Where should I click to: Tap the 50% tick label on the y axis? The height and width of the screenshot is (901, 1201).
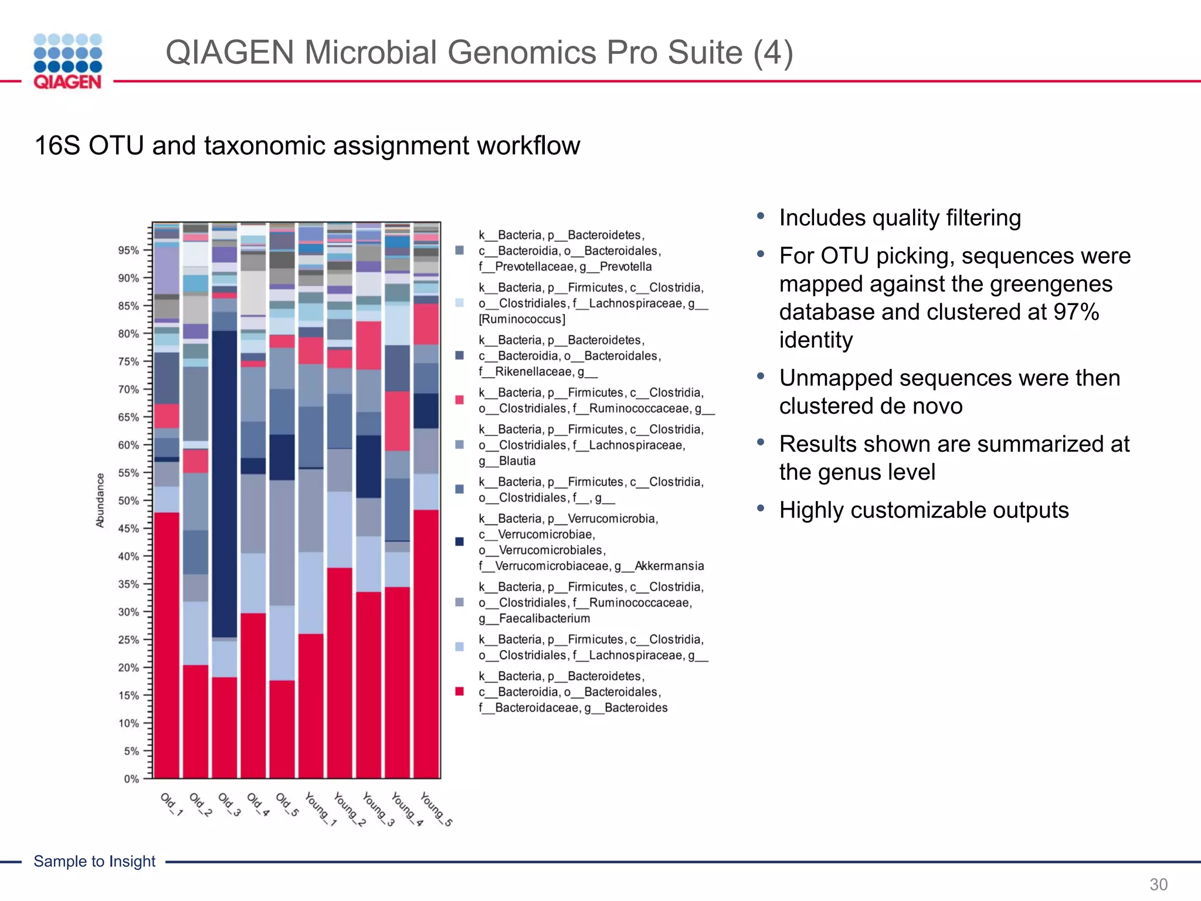[128, 501]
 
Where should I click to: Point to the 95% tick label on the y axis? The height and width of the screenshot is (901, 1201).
[128, 250]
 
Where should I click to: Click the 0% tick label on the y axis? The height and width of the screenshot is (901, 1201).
[131, 779]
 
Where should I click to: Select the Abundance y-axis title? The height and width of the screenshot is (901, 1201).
[100, 500]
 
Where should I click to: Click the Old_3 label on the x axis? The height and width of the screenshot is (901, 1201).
[229, 805]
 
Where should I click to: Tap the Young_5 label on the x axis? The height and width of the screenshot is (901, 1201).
[436, 809]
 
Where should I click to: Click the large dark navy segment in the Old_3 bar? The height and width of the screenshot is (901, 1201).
[225, 481]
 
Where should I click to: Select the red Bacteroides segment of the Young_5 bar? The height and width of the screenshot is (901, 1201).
[426, 645]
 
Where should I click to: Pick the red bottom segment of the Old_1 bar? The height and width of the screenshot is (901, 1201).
[167, 645]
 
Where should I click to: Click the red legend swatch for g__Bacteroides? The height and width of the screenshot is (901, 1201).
[460, 692]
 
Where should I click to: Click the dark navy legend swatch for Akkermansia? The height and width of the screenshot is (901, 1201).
[460, 541]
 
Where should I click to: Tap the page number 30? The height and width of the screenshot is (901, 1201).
[1158, 884]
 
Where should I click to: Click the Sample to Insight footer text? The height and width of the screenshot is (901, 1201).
[94, 861]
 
